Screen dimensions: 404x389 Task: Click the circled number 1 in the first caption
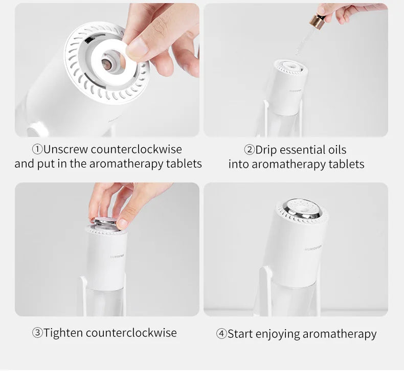pyautogui.click(x=37, y=149)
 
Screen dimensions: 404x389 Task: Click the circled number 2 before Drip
pyautogui.click(x=250, y=150)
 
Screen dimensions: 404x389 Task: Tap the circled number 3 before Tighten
pyautogui.click(x=37, y=333)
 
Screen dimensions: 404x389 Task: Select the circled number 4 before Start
pyautogui.click(x=221, y=334)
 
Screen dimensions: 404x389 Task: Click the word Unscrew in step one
pyautogui.click(x=65, y=149)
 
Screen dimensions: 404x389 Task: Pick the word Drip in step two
pyautogui.click(x=266, y=150)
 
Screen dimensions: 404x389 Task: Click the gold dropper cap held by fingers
pyautogui.click(x=317, y=21)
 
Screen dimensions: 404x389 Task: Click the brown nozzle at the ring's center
pyautogui.click(x=107, y=64)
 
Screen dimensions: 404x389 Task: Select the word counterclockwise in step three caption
pyautogui.click(x=131, y=333)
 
